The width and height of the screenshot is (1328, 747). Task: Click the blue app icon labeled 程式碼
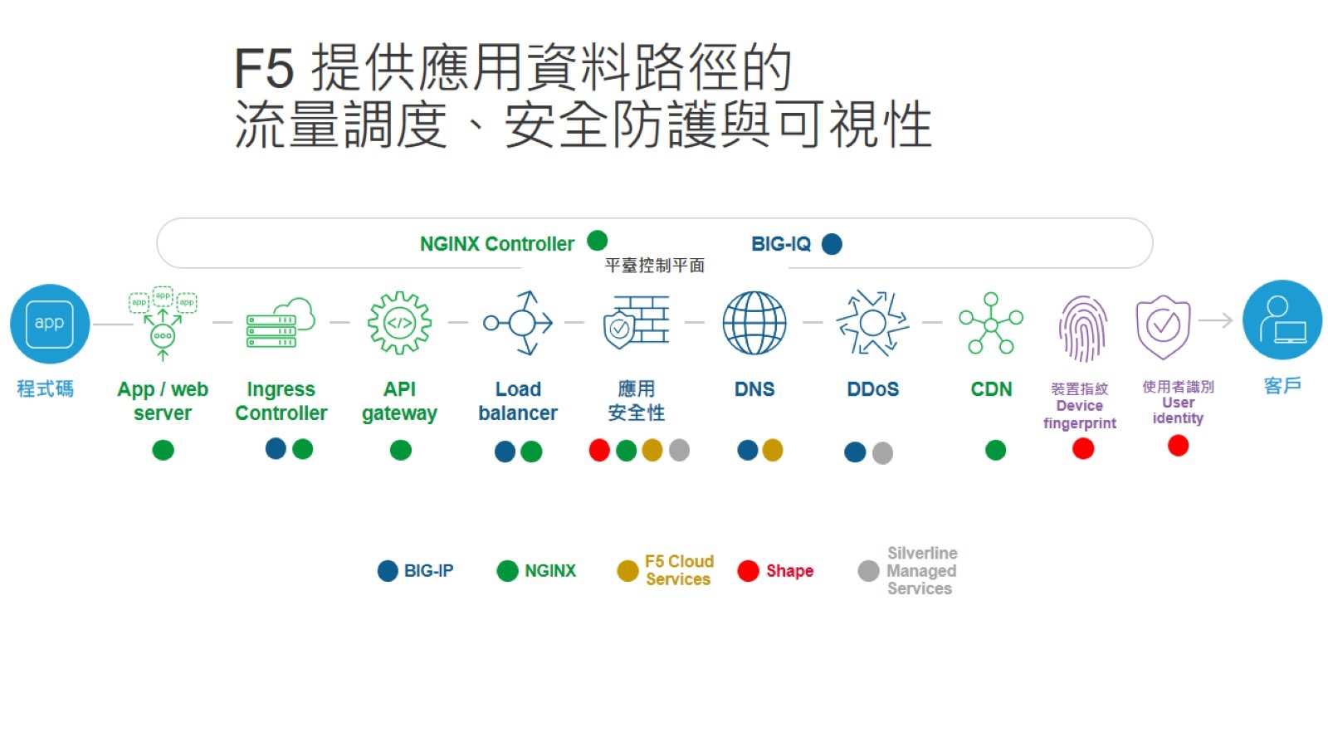pos(50,324)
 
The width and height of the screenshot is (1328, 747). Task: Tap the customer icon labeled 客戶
pos(1282,320)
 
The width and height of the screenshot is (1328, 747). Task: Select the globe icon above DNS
pos(754,323)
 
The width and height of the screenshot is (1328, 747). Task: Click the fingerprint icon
pos(1082,329)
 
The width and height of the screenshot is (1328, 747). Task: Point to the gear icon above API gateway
pos(399,323)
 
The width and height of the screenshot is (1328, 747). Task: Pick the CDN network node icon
pos(991,324)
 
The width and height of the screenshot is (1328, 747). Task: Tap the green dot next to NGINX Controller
pos(597,241)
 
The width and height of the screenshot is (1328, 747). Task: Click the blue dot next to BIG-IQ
pos(832,244)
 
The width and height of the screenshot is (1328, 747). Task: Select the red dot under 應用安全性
pos(599,450)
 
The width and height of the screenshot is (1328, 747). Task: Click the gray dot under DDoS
pos(882,453)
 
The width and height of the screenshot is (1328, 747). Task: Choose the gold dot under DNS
pos(773,450)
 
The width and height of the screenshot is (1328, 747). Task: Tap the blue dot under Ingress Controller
pos(276,448)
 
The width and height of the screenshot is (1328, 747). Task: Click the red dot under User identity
pos(1178,446)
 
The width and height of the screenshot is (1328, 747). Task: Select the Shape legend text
pos(789,571)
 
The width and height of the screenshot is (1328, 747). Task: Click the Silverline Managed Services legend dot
pos(868,571)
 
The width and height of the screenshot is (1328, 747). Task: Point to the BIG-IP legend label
pos(428,571)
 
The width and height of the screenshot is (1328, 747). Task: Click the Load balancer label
pos(518,402)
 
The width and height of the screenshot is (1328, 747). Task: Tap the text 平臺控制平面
pos(655,265)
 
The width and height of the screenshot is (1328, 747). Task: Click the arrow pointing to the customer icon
pos(1215,320)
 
